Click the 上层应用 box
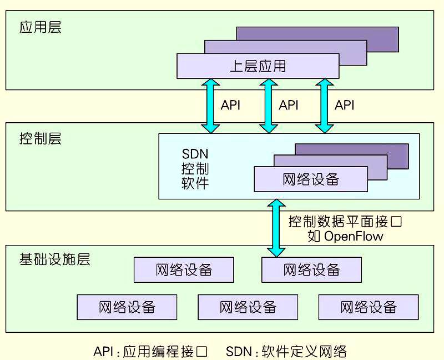(258, 66)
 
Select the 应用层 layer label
(40, 27)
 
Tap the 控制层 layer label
(40, 138)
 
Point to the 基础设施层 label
(54, 259)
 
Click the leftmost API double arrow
(211, 106)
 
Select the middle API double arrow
(268, 106)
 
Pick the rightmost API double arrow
(322, 106)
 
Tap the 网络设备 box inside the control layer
(311, 179)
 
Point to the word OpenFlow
(354, 236)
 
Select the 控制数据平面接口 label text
(345, 222)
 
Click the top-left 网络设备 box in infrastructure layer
(184, 270)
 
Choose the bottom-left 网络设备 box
(127, 307)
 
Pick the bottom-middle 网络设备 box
(248, 307)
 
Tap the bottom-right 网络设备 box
(369, 307)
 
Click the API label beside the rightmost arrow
(344, 105)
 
